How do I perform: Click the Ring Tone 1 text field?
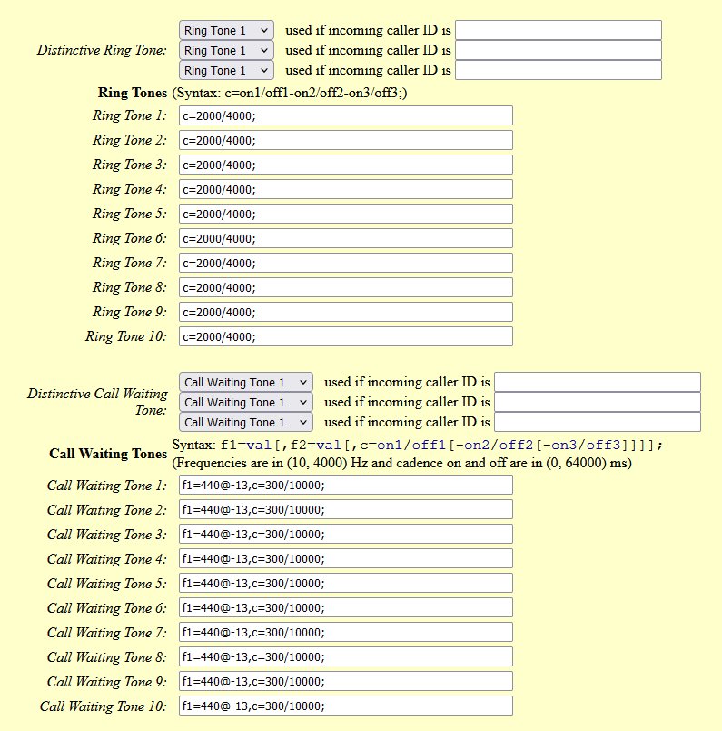pyautogui.click(x=345, y=115)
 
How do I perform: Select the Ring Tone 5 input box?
pyautogui.click(x=345, y=214)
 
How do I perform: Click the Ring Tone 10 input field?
pyautogui.click(x=345, y=336)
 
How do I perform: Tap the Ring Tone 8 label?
pyautogui.click(x=130, y=287)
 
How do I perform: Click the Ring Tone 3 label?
pyautogui.click(x=130, y=165)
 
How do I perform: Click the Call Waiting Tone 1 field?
pyautogui.click(x=345, y=485)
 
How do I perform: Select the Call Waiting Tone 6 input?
pyautogui.click(x=345, y=607)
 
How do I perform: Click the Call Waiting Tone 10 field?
pyautogui.click(x=345, y=706)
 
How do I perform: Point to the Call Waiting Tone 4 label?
pyautogui.click(x=107, y=559)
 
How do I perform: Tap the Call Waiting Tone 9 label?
pyautogui.click(x=107, y=682)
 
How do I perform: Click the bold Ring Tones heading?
pyautogui.click(x=133, y=93)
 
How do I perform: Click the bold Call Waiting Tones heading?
pyautogui.click(x=108, y=454)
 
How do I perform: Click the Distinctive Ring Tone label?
pyautogui.click(x=102, y=50)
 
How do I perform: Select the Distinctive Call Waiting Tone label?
pyautogui.click(x=97, y=402)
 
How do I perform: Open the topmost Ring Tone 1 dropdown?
pyautogui.click(x=226, y=30)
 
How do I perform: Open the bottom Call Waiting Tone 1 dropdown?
pyautogui.click(x=246, y=422)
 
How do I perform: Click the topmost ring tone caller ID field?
pyautogui.click(x=558, y=30)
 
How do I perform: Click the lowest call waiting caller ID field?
pyautogui.click(x=597, y=422)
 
